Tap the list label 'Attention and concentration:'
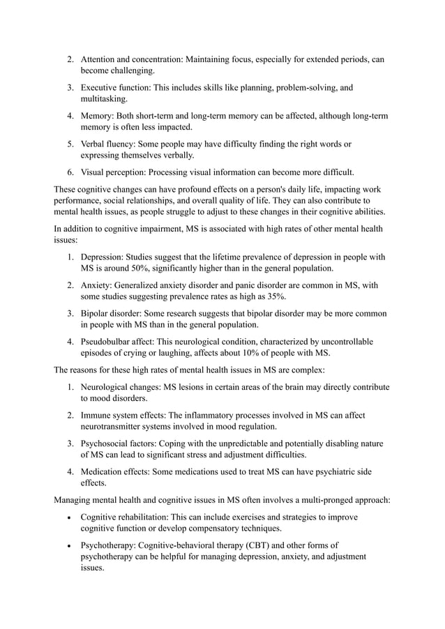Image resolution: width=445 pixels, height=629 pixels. pyautogui.click(x=132, y=60)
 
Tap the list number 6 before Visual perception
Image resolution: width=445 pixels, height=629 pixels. pyautogui.click(x=70, y=172)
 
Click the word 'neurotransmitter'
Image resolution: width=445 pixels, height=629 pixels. pyautogui.click(x=118, y=426)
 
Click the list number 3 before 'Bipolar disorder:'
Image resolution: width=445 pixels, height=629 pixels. pyautogui.click(x=70, y=314)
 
